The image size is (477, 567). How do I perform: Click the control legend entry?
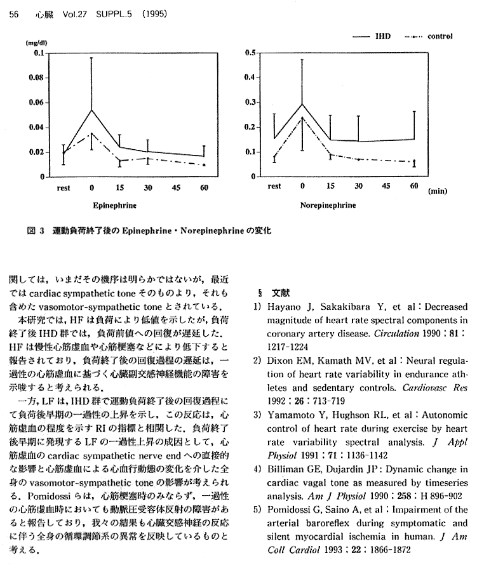pos(440,36)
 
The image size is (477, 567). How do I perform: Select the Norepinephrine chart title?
pos(328,206)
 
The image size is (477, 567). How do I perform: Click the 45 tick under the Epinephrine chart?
pos(176,188)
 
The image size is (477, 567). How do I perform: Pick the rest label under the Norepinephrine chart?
pos(274,187)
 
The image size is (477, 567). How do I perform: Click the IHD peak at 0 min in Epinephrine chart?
pos(92,110)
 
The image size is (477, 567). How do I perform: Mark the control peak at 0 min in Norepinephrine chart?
pos(302,118)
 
